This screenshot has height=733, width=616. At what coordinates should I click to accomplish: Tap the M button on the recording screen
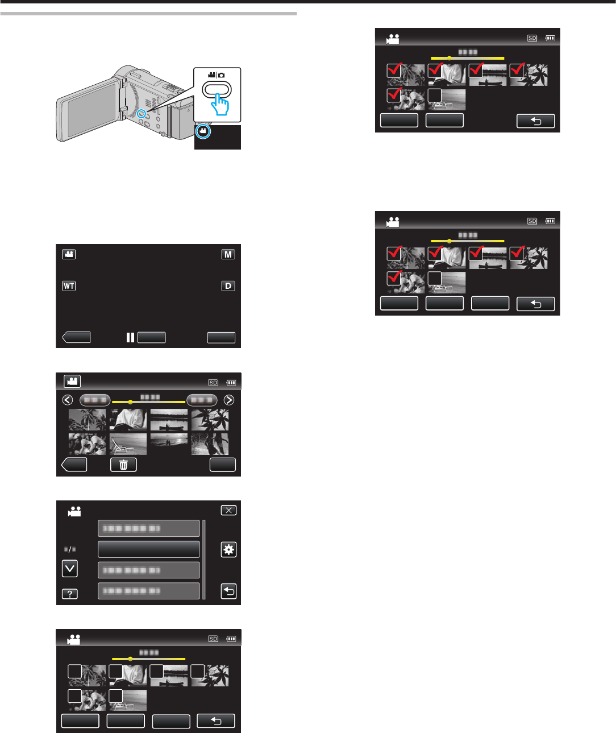click(x=228, y=254)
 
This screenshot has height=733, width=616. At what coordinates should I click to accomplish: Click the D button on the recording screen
click(x=228, y=285)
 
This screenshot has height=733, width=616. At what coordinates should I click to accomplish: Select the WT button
click(x=69, y=285)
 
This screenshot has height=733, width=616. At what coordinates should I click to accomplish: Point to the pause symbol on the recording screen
click(x=130, y=337)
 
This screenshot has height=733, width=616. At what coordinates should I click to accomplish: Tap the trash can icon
click(x=123, y=465)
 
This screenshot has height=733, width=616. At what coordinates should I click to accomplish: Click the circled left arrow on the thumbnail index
click(x=68, y=400)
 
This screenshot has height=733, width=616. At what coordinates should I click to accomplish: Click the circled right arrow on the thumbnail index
click(x=228, y=400)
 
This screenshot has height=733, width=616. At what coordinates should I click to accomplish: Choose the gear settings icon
click(x=228, y=549)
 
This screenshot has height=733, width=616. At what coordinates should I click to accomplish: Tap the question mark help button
click(x=70, y=594)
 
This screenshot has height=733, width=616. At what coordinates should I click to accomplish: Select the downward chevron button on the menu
click(x=70, y=568)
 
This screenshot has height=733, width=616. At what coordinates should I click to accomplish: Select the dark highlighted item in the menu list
click(x=149, y=549)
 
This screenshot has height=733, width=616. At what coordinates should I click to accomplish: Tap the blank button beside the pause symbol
click(x=152, y=337)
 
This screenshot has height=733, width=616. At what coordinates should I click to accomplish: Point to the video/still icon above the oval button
click(x=217, y=75)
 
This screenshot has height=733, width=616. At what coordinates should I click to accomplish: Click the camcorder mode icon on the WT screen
click(x=69, y=254)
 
